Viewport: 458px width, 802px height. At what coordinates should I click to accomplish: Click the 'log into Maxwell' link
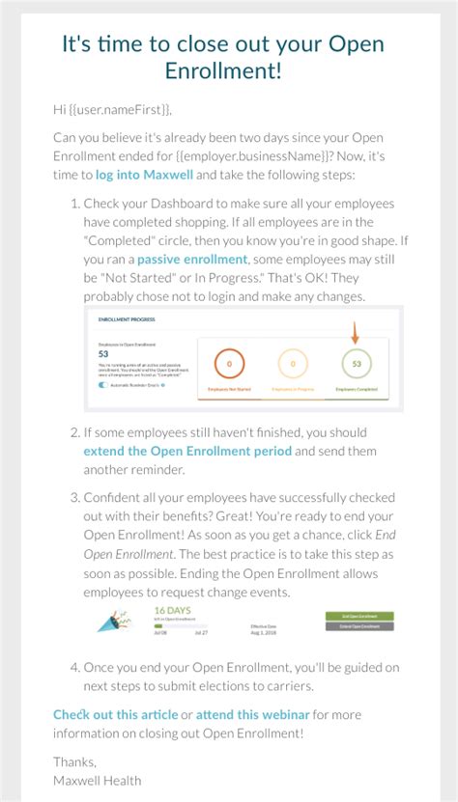coord(144,175)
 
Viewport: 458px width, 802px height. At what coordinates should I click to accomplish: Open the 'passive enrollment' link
coord(192,260)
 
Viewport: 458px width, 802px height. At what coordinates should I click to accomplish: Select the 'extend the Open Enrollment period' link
coord(187,451)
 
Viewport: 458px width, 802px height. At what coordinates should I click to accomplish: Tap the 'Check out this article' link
coord(115,714)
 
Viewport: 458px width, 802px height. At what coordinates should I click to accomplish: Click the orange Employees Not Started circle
coord(228,364)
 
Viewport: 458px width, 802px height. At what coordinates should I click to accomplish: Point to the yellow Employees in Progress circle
coord(293,364)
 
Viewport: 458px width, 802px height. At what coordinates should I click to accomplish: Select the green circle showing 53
coord(357,364)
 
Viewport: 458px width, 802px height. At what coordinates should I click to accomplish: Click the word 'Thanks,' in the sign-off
coord(74,761)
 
